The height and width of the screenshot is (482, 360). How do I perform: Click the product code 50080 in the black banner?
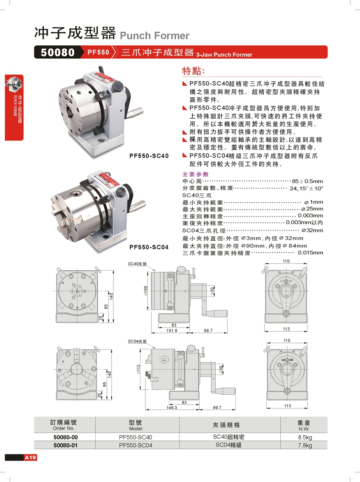(58, 53)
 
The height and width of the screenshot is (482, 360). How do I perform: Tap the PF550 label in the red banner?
(98, 52)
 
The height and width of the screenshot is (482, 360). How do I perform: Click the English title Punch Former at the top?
(154, 36)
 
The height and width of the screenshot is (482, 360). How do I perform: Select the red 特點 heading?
(193, 71)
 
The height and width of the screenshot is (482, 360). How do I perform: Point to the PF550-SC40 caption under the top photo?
(149, 156)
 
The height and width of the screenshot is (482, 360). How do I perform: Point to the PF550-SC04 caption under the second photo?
(149, 247)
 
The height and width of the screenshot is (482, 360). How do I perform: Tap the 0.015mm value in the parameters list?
(310, 253)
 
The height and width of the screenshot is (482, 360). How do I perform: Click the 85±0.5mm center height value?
(307, 181)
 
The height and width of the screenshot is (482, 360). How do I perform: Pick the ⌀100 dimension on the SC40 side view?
(146, 291)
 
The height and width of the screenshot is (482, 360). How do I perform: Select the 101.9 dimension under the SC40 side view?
(172, 331)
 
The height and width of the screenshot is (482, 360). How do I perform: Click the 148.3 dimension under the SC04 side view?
(172, 408)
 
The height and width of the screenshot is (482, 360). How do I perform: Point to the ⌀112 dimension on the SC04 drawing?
(138, 369)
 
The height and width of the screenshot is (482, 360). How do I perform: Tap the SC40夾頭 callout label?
(137, 264)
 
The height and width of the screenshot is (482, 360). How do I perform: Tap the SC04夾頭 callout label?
(137, 342)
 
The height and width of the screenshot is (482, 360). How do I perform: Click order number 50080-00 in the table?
(66, 437)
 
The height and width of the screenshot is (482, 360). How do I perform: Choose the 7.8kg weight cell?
(305, 445)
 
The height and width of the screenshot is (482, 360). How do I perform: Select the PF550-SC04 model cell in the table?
(135, 445)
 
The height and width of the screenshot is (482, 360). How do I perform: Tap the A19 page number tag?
(31, 458)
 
